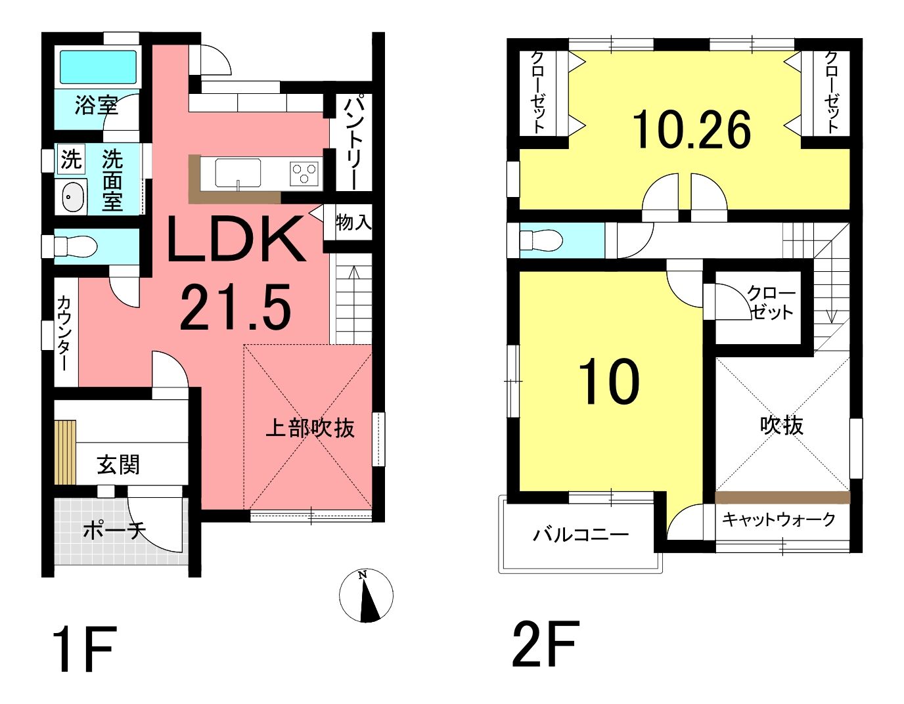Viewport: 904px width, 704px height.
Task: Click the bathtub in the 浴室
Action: [x=98, y=67]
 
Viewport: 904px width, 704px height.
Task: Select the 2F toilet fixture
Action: [x=541, y=240]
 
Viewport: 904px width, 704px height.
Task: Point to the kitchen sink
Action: [x=238, y=173]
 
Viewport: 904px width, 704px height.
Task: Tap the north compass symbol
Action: [x=366, y=596]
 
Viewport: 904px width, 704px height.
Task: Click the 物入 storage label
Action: [x=353, y=223]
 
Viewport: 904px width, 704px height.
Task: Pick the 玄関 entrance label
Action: [x=118, y=465]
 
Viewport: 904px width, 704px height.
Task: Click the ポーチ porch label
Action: [x=114, y=530]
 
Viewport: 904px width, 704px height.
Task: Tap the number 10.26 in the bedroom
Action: [x=691, y=129]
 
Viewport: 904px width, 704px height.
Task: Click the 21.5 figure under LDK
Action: [x=235, y=307]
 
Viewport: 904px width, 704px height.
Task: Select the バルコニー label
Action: [x=581, y=535]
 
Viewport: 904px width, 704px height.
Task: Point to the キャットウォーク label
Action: [x=779, y=519]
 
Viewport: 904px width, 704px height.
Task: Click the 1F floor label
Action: [x=86, y=649]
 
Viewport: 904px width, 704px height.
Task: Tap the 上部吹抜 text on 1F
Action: [x=310, y=428]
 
